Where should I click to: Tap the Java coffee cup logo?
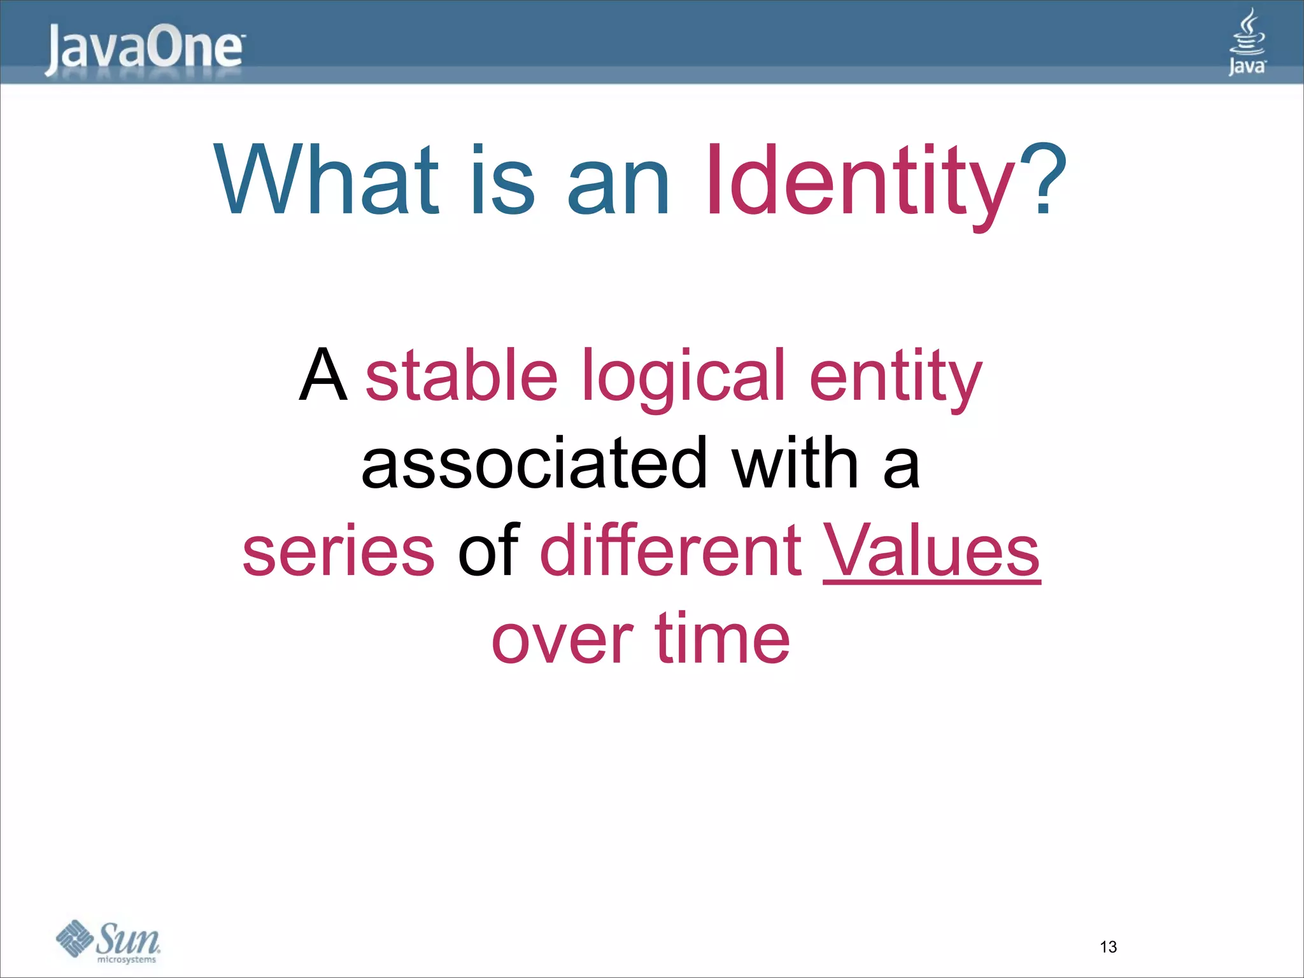(x=1247, y=42)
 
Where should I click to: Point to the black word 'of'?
(x=488, y=550)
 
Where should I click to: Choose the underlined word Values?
(x=932, y=550)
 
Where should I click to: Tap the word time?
(x=723, y=638)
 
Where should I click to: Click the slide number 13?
(x=1108, y=947)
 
